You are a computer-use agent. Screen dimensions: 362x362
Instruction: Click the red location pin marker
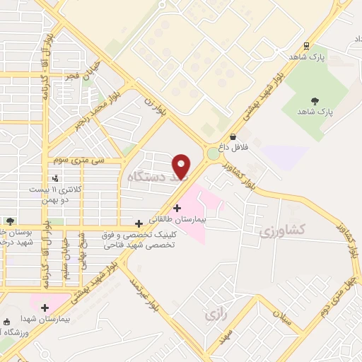point(182,165)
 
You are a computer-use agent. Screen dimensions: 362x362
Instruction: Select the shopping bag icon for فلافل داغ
point(233,137)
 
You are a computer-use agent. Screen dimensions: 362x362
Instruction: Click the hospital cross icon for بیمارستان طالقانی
point(176,209)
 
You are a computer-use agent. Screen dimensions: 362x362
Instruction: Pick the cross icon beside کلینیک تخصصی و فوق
point(139,223)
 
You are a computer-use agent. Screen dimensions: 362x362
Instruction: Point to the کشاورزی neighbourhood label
point(281,230)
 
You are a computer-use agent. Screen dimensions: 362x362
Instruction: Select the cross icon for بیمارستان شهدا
point(45,308)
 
